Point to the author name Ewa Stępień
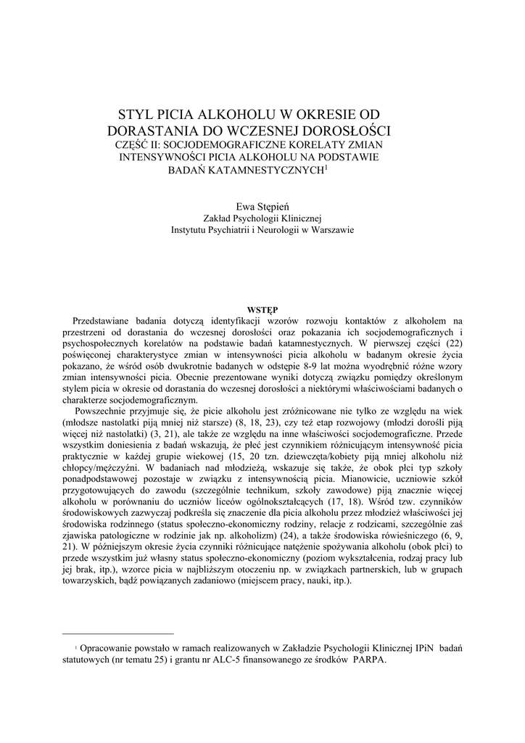point(262,206)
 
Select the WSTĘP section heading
point(262,310)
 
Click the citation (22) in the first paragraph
point(452,342)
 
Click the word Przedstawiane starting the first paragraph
point(107,320)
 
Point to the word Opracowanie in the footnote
point(107,648)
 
